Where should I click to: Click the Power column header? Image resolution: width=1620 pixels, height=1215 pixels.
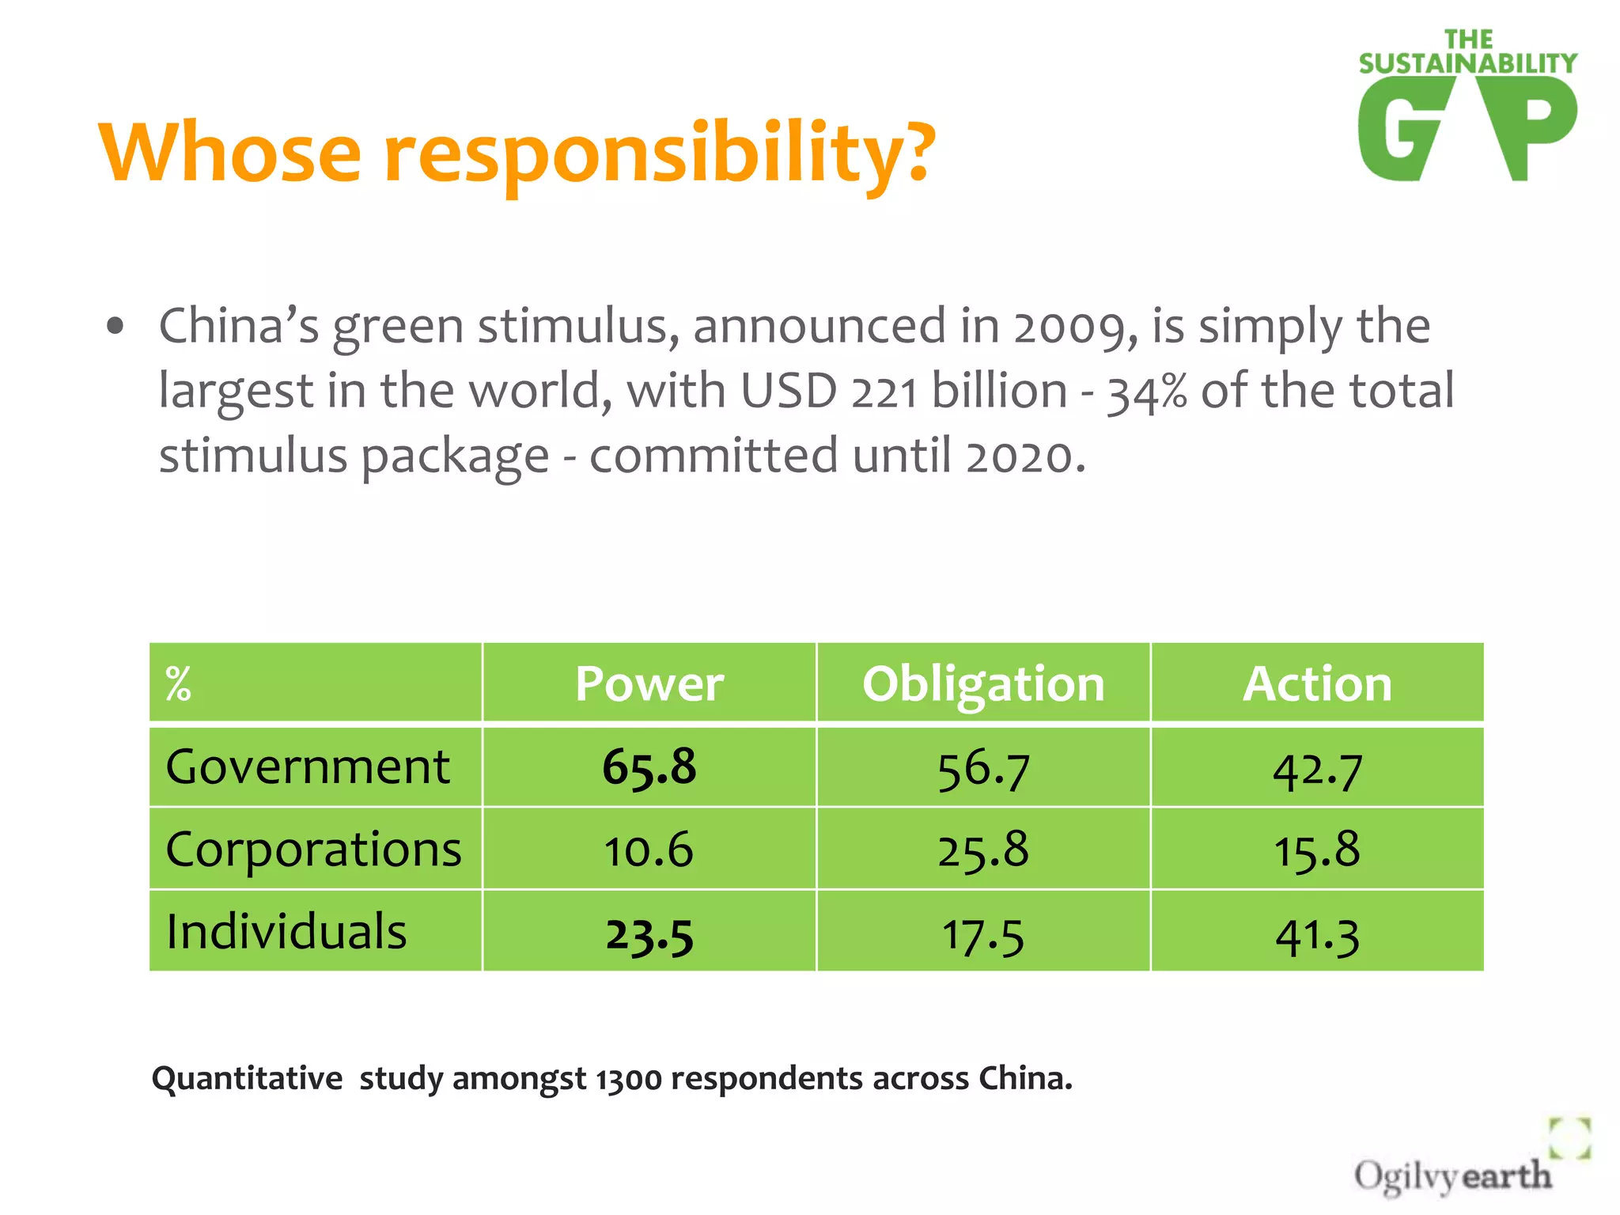click(x=649, y=683)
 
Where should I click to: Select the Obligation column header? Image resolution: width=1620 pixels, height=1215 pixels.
click(x=983, y=683)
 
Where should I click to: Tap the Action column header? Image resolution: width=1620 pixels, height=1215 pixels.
click(x=1317, y=683)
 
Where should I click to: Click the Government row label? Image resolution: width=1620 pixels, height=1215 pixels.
click(x=308, y=767)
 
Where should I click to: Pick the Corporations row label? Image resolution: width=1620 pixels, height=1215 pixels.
click(x=313, y=850)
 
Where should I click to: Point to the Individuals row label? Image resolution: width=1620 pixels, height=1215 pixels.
click(x=286, y=932)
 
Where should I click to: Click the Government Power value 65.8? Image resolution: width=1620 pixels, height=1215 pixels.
click(x=649, y=767)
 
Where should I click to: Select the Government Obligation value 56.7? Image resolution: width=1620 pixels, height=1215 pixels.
click(x=983, y=770)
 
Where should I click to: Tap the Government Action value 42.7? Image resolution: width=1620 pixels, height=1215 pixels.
click(x=1317, y=770)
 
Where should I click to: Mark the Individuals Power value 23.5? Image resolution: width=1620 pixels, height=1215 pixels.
click(x=649, y=935)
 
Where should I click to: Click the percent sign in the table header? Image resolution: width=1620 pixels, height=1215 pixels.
click(x=178, y=684)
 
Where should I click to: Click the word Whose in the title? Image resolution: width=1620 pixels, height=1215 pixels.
click(x=229, y=152)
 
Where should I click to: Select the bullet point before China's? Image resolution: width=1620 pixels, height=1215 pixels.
click(x=115, y=327)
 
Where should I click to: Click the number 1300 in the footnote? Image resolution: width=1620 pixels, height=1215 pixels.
click(x=629, y=1080)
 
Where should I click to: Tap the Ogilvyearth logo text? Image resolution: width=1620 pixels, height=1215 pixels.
click(x=1452, y=1175)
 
